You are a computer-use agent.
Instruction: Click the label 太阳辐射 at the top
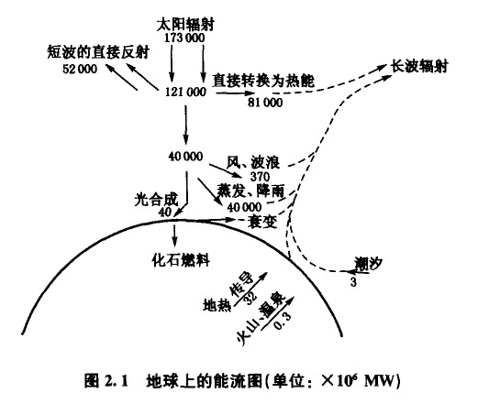click(185, 25)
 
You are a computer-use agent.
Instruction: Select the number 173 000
click(184, 38)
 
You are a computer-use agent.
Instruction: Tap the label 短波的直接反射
click(98, 52)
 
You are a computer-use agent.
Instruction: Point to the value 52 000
click(80, 69)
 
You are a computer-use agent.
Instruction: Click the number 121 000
click(185, 92)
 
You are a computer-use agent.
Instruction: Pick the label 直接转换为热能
click(263, 81)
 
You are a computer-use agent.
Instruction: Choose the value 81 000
click(265, 103)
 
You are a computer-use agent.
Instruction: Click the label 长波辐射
click(420, 66)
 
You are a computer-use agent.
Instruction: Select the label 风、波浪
click(253, 162)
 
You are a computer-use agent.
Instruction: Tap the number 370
click(261, 177)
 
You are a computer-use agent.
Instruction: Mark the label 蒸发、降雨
click(250, 191)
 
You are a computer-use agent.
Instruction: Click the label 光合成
click(156, 200)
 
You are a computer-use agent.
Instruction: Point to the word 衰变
click(263, 222)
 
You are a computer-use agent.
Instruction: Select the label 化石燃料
click(181, 260)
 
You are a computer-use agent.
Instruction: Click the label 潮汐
click(369, 263)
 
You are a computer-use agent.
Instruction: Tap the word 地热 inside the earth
click(217, 304)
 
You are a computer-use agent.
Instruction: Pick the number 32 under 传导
click(250, 297)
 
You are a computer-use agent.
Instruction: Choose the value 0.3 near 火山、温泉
click(283, 321)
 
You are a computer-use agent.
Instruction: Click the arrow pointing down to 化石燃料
click(174, 235)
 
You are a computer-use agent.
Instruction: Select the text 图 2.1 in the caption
click(106, 382)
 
